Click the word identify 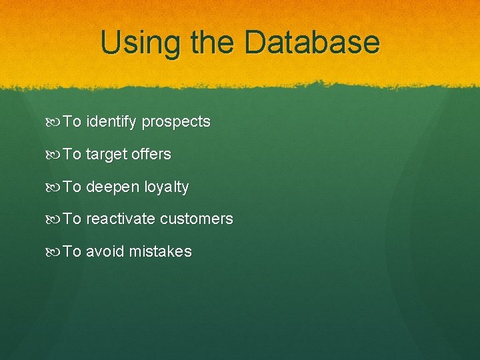[111, 122]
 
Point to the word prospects [176, 123]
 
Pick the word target [108, 155]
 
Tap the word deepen [113, 187]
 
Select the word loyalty [167, 187]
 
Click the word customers [197, 219]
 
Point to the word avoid [105, 251]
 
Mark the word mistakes [161, 251]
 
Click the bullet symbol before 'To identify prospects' [54, 122]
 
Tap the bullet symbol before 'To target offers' [54, 155]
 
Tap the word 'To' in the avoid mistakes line [72, 251]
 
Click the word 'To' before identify [72, 122]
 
